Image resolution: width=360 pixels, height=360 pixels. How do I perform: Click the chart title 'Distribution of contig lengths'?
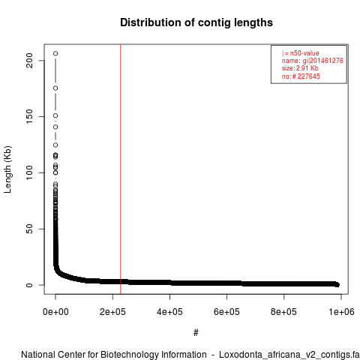(196, 22)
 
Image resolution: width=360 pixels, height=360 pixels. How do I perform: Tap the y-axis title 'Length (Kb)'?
(7, 169)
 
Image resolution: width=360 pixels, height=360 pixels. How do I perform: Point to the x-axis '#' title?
(196, 333)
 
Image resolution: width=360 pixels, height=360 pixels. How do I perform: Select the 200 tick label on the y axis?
(29, 61)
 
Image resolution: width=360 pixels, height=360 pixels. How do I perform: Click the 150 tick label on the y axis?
(29, 116)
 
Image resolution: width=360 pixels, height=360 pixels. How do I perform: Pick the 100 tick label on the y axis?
(29, 172)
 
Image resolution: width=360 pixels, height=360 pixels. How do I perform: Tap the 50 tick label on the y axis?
(29, 229)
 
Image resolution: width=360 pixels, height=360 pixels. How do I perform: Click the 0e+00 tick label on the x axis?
(55, 312)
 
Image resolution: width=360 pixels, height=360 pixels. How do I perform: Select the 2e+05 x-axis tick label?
(112, 312)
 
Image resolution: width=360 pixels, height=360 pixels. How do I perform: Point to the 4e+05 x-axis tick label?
(169, 312)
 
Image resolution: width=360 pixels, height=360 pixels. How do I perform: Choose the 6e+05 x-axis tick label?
(226, 312)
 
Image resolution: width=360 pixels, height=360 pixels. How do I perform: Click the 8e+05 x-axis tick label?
(283, 312)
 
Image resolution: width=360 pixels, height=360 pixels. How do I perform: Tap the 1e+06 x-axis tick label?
(341, 312)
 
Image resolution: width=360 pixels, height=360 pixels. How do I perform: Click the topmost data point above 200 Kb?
(55, 53)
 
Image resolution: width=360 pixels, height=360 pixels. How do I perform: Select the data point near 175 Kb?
(55, 88)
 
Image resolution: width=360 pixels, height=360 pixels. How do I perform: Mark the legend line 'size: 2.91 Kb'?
(300, 68)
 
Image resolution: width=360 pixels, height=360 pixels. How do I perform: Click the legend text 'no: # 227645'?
(301, 76)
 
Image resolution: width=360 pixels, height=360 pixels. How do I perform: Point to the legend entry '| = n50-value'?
(300, 53)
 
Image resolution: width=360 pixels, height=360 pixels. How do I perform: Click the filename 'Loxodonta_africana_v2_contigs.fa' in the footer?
(289, 355)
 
